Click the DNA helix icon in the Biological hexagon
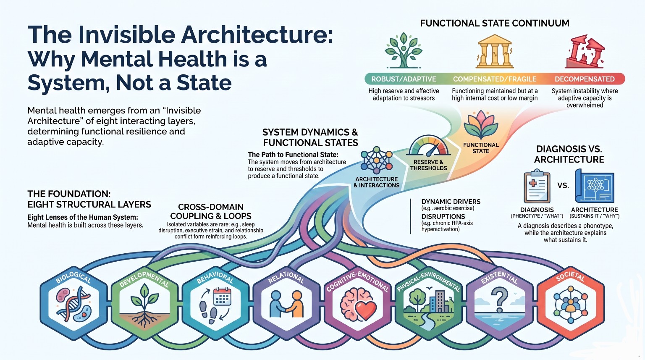point(76,304)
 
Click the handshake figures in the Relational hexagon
point(286,304)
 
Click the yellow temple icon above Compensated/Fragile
point(495,51)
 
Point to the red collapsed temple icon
point(585,52)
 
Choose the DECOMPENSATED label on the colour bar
point(585,79)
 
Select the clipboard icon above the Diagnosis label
point(537,186)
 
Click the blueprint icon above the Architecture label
point(595,186)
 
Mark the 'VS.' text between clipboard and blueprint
point(563,186)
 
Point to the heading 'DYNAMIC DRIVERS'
point(451,202)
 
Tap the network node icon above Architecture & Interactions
point(376,160)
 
